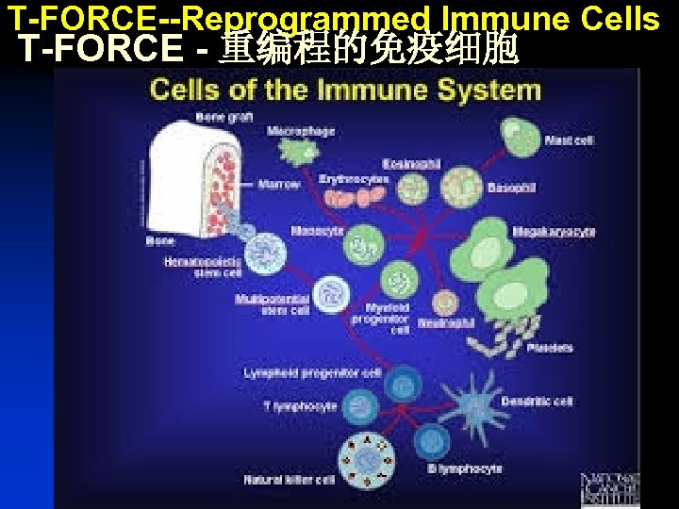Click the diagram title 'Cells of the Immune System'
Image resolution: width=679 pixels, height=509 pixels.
click(x=345, y=90)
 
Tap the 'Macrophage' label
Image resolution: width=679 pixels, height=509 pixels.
click(x=301, y=130)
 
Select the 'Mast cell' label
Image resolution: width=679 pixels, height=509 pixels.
click(x=570, y=140)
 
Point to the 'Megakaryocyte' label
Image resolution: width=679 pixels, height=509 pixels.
click(x=554, y=232)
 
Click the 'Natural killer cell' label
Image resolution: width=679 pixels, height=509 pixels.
click(x=289, y=480)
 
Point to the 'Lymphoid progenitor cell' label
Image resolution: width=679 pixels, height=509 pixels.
click(x=312, y=373)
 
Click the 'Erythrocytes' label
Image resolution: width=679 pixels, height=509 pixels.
click(x=354, y=178)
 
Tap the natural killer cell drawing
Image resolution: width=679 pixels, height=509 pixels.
click(x=365, y=461)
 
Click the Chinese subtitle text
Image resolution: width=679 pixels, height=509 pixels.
click(x=368, y=49)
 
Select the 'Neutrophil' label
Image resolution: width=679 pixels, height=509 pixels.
click(x=446, y=321)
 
